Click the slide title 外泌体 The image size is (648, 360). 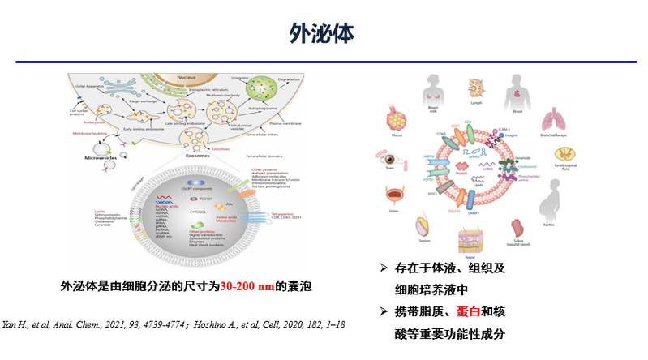[323, 32]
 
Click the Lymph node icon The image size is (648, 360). [474, 88]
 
